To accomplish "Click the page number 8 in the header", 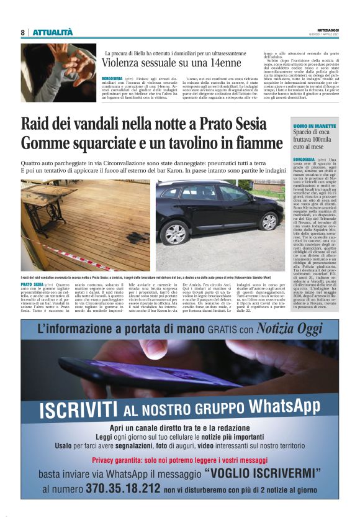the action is point(22,32).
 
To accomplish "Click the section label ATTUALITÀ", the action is point(53,32).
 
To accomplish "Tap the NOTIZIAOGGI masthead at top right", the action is point(324,30).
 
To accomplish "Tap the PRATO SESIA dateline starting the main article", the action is point(32,284).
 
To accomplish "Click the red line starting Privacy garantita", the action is point(179,460).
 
